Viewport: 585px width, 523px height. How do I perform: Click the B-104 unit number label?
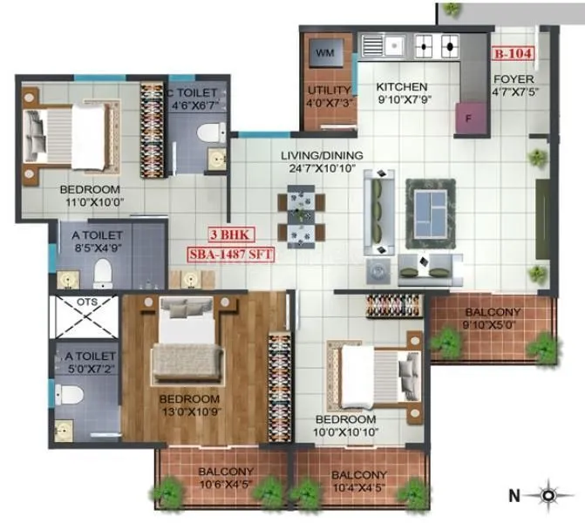coord(513,53)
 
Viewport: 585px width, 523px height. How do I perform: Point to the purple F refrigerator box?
coord(468,117)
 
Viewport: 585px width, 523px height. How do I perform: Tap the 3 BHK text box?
coord(225,235)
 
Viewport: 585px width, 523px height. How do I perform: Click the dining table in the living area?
coord(298,215)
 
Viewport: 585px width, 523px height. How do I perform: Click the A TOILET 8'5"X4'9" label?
coord(96,243)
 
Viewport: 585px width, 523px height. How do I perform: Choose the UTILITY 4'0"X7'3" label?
coord(327,98)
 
